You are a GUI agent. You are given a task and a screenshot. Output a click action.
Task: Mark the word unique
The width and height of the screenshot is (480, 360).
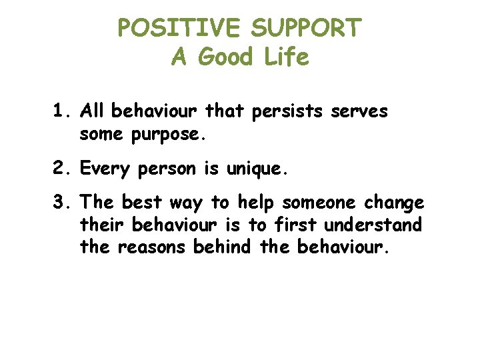[257, 170]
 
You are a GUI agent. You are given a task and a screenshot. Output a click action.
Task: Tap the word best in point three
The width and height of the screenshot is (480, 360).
[145, 203]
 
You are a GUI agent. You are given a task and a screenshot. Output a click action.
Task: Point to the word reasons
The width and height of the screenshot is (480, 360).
[153, 248]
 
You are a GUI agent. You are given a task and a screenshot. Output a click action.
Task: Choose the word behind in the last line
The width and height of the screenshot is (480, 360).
[222, 247]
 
